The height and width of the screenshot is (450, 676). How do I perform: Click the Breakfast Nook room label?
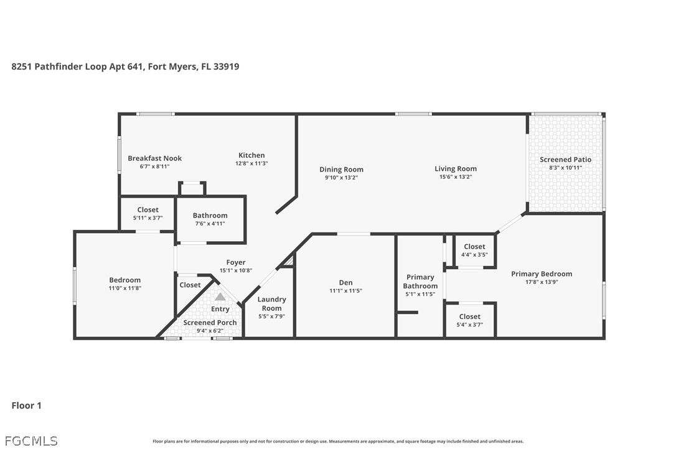[154, 158]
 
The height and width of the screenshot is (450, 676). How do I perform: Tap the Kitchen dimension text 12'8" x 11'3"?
[251, 163]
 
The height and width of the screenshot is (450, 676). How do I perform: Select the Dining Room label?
[341, 169]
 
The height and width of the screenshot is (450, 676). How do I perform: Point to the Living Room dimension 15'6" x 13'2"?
[456, 177]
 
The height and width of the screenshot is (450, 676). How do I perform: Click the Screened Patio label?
[565, 160]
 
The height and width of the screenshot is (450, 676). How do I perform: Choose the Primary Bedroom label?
[541, 274]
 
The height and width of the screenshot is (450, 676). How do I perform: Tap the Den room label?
[345, 283]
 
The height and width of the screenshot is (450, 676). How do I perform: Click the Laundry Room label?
[271, 304]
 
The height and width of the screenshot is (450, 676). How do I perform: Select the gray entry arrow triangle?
[220, 297]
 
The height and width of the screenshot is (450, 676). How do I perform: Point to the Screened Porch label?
[210, 323]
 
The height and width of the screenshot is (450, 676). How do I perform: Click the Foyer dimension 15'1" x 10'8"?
[235, 270]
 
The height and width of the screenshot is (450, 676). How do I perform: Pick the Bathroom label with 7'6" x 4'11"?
[210, 216]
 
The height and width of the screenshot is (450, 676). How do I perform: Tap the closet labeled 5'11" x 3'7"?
[148, 218]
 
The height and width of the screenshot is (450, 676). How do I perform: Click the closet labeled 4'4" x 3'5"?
[474, 254]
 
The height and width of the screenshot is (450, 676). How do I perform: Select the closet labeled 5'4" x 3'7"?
[469, 324]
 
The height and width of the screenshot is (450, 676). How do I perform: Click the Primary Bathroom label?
[420, 282]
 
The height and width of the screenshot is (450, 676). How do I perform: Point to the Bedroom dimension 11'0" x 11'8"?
[125, 288]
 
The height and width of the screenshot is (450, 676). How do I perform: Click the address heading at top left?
[125, 67]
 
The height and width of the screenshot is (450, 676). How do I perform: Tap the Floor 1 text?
[26, 406]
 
